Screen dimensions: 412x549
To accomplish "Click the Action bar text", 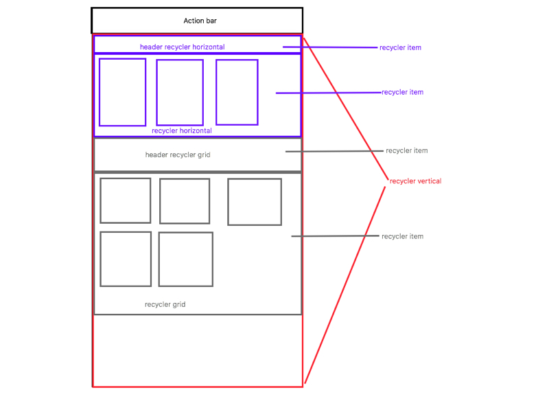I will [200, 21].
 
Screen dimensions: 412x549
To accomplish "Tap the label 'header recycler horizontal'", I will [182, 47].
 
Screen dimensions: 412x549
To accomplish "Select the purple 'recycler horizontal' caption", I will [181, 130].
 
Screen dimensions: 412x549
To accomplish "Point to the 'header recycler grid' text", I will [178, 155].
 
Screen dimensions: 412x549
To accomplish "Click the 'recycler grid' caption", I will [165, 304].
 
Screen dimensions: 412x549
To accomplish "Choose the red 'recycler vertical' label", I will [415, 181].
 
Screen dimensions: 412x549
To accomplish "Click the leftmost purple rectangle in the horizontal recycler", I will [122, 92].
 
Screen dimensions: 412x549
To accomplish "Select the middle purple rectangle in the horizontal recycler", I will [180, 92].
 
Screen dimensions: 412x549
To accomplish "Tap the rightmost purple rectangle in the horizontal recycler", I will [237, 92].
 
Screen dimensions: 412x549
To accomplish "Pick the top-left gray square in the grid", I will [125, 201].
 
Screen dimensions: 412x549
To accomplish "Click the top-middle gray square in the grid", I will [185, 201].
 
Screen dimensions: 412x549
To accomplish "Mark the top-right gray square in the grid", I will [255, 202].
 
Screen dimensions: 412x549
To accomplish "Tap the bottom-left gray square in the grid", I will [126, 259].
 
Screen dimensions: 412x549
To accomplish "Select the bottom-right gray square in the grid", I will [185, 259].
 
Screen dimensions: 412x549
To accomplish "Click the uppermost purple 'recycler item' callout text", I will [400, 48].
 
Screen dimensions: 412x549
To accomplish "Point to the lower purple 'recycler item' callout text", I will [402, 92].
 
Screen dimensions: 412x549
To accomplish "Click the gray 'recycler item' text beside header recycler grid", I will [406, 150].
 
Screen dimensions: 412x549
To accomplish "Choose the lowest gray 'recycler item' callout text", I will [402, 236].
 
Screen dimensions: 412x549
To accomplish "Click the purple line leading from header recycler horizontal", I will [330, 47].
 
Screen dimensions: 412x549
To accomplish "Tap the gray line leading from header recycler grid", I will [334, 151].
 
